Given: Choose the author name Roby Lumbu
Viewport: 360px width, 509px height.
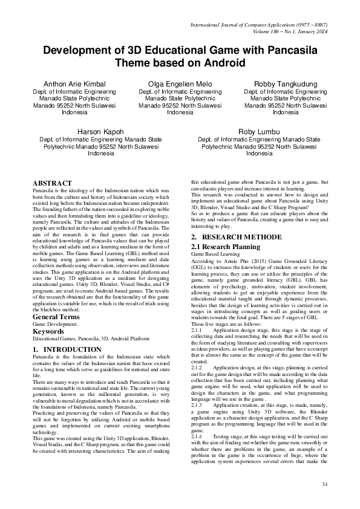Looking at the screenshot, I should click(x=260, y=131).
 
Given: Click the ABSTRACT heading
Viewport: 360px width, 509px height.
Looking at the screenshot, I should click(x=52, y=183).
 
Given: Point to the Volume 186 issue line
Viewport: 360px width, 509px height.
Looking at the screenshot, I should click(x=282, y=31).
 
